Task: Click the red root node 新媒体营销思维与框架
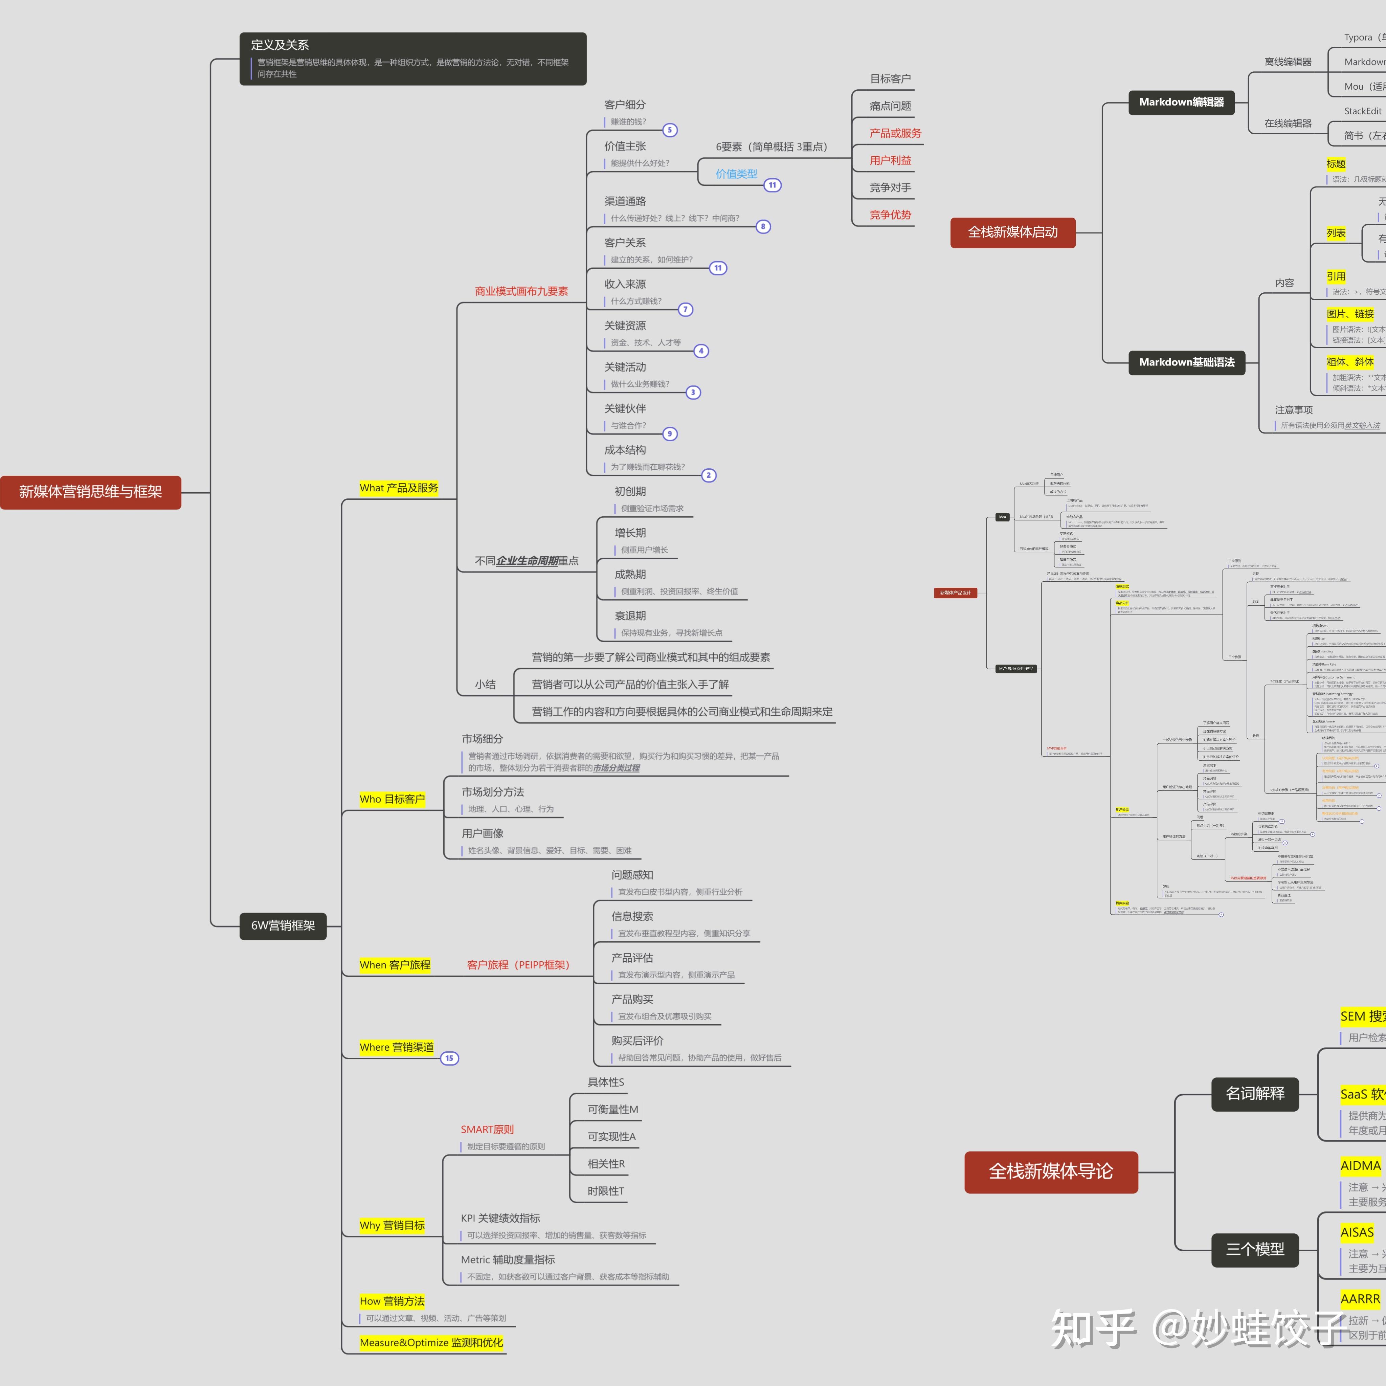[x=90, y=492]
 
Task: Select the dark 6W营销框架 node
[x=283, y=925]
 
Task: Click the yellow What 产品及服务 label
[x=399, y=488]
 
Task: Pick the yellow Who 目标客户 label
[x=393, y=799]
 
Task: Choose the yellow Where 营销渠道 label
[x=397, y=1047]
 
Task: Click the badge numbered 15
[x=449, y=1058]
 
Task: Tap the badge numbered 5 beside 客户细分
[x=669, y=130]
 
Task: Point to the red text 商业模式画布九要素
[x=521, y=291]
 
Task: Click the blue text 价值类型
[x=736, y=174]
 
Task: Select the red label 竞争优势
[x=890, y=215]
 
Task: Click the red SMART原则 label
[x=487, y=1129]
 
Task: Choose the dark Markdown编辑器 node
[x=1182, y=102]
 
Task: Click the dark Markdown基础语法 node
[x=1187, y=362]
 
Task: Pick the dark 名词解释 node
[x=1255, y=1093]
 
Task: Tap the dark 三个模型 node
[x=1255, y=1249]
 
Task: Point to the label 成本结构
[x=625, y=450]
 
